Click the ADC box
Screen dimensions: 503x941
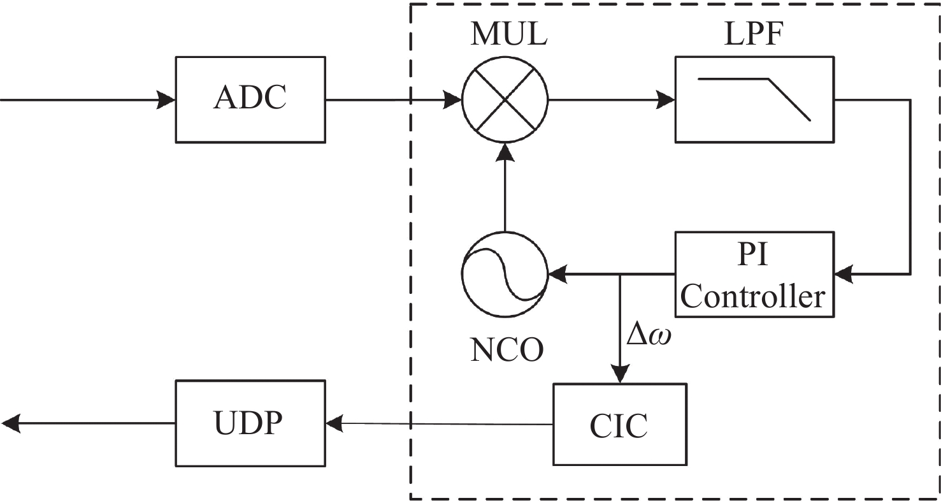(250, 99)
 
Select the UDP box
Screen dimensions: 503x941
(250, 423)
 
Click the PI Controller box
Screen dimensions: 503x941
(754, 274)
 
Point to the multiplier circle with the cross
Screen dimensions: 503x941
(505, 99)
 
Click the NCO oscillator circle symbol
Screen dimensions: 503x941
(505, 275)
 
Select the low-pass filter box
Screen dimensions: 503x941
(754, 99)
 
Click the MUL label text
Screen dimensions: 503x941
(508, 36)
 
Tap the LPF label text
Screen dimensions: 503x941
(754, 36)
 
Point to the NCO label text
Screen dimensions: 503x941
(507, 349)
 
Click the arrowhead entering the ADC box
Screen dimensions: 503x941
(167, 100)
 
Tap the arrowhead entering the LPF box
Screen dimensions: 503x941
(666, 99)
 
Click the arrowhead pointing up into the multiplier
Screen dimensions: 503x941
(505, 152)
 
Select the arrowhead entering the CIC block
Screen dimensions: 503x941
(620, 374)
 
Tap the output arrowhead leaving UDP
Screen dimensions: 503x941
(10, 423)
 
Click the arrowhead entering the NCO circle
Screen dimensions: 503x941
(557, 275)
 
